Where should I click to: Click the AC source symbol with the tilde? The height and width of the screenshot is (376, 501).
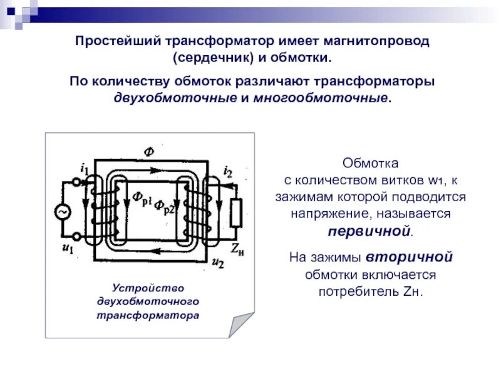coord(63,213)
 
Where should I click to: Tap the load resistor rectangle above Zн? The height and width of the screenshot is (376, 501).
coord(236,213)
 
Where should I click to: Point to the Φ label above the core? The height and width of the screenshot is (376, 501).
coord(148,151)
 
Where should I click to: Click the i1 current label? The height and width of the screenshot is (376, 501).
coord(84,168)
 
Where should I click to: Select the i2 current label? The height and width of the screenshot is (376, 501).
coord(228,170)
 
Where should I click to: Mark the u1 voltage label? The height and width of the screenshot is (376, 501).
coord(68,249)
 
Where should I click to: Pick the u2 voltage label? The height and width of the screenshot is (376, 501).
coord(218,262)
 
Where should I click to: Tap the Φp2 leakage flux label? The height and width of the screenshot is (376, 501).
coord(164,206)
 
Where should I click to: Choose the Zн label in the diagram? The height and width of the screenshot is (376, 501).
coord(236,248)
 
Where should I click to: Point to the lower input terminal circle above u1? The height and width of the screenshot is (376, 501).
coord(78,237)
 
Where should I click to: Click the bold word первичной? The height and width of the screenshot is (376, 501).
coord(369,230)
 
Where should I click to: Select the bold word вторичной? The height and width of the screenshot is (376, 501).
coord(409,257)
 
